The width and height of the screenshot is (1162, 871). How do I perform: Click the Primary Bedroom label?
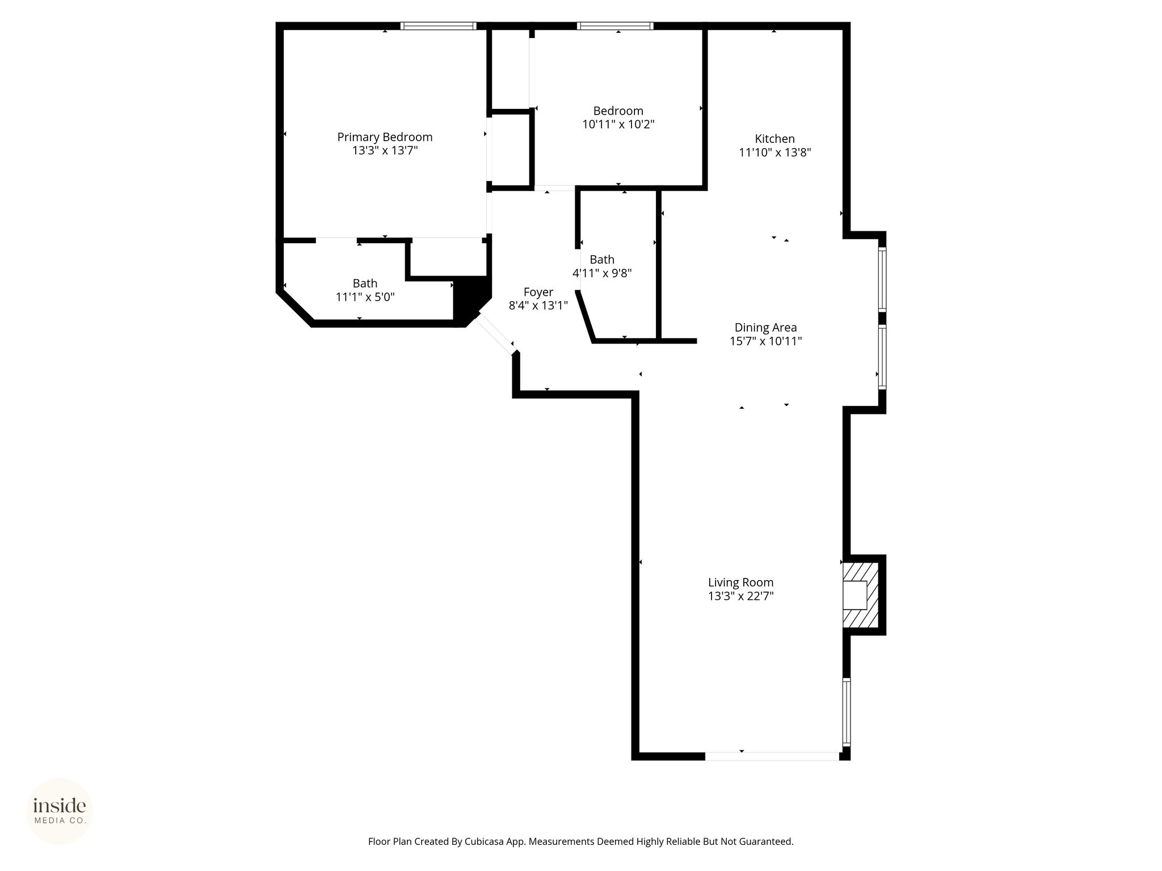(385, 137)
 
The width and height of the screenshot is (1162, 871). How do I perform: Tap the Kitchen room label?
(774, 139)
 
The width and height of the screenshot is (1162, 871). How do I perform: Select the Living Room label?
(740, 582)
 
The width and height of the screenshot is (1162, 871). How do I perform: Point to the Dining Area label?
(765, 328)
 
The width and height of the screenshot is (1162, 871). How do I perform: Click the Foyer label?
(538, 293)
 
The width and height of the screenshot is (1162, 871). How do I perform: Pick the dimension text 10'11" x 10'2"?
(618, 124)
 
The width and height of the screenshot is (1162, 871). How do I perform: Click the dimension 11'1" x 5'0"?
(365, 297)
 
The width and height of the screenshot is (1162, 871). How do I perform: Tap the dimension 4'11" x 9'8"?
(602, 273)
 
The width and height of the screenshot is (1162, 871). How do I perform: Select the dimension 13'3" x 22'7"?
(740, 596)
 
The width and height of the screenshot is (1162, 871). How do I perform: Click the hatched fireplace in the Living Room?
(860, 595)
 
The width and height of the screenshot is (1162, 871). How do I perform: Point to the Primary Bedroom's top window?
(438, 26)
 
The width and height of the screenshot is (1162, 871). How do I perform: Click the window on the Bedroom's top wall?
(615, 26)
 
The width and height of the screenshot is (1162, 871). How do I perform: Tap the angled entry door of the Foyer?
(495, 335)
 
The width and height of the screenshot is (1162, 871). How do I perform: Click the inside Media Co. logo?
(60, 811)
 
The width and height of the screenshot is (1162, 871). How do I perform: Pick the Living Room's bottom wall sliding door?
(772, 756)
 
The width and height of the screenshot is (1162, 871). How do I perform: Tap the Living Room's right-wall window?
(847, 712)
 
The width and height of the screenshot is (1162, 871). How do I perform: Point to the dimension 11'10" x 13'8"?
(774, 153)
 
